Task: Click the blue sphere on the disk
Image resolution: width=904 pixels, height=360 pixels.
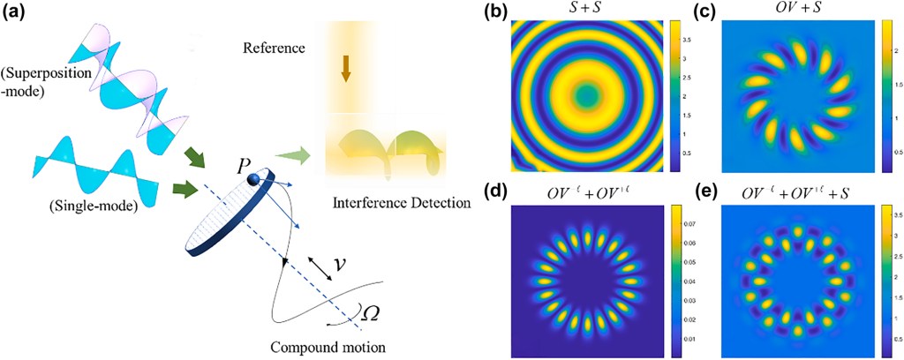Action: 255,180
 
